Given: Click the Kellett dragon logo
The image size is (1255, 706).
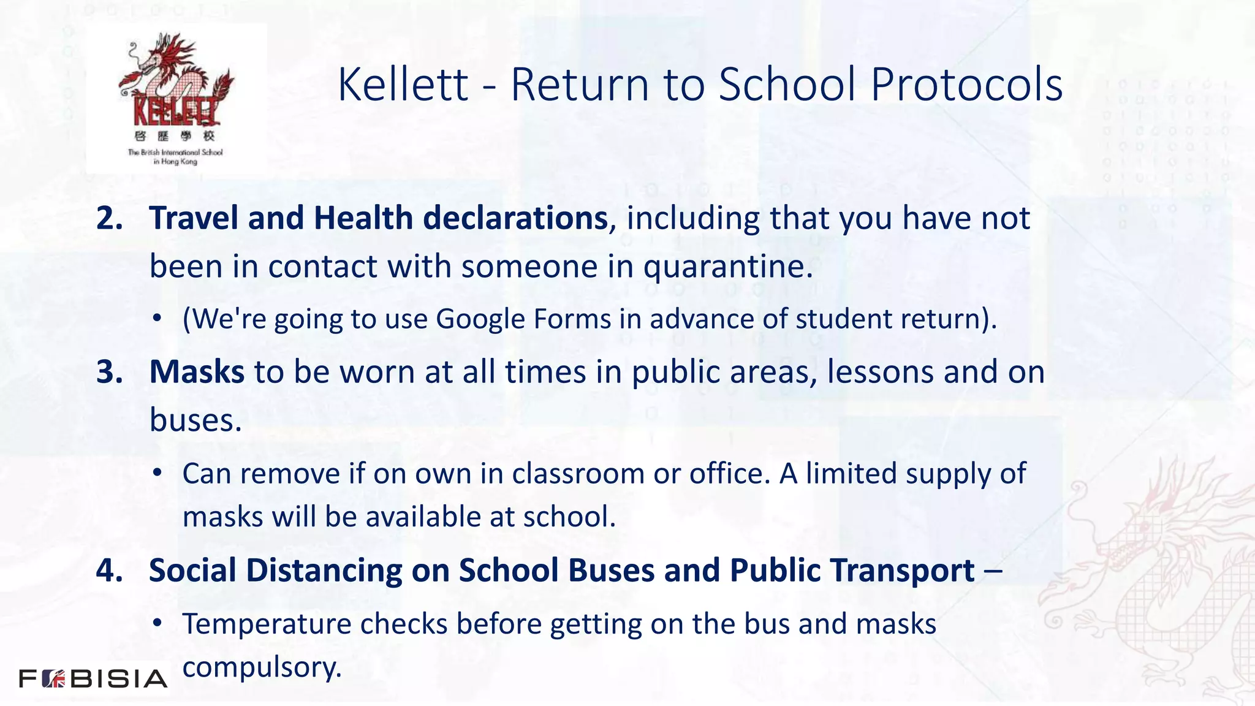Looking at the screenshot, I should pos(176,98).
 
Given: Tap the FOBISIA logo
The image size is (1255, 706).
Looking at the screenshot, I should pos(93,678).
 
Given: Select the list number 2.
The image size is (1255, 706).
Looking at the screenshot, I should pos(109,218).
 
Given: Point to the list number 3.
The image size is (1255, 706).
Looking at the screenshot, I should pos(109,372).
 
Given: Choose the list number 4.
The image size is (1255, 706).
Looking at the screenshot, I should pos(109,570).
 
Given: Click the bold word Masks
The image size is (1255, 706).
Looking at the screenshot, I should pos(197,372).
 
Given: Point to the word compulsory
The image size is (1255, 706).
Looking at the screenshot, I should pos(262,667).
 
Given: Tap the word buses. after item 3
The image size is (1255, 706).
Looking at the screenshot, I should pos(195,420).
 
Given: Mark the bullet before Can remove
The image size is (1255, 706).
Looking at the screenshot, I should pos(157,473).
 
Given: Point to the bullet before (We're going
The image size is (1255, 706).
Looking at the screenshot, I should pos(157,319).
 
